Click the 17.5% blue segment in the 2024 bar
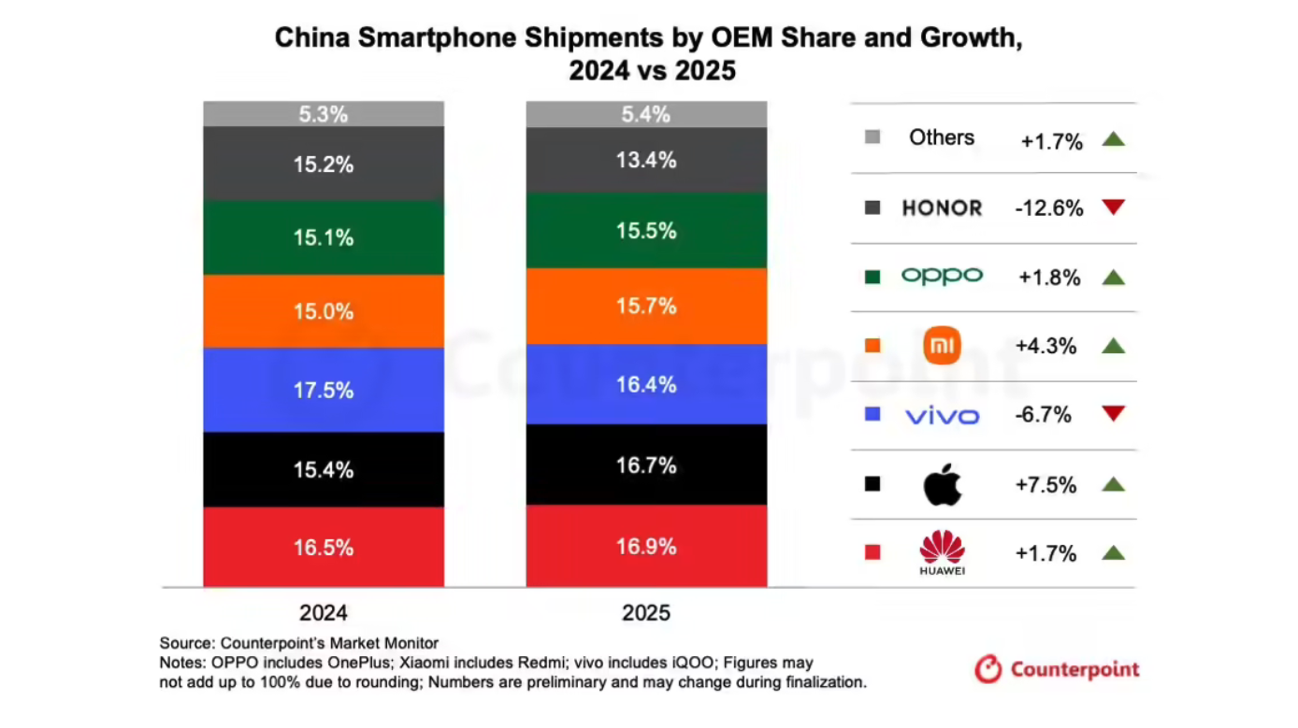[x=324, y=390]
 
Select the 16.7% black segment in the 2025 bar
[x=646, y=464]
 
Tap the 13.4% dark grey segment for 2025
[x=646, y=160]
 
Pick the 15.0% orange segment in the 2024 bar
[x=324, y=311]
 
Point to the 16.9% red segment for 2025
[x=646, y=546]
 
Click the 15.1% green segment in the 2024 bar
[x=324, y=237]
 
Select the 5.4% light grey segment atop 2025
[x=646, y=115]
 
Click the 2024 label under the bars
[x=324, y=613]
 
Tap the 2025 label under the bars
[x=646, y=613]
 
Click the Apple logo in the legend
[x=943, y=484]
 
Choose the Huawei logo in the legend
[x=943, y=551]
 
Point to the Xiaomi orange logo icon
[x=943, y=346]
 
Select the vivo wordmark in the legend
[x=943, y=415]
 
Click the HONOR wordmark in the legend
[x=943, y=208]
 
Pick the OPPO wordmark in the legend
[x=943, y=277]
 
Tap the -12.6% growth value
[x=1049, y=208]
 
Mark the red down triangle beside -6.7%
[x=1113, y=414]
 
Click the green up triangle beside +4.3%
[x=1113, y=346]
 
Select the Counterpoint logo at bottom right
[x=1058, y=669]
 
